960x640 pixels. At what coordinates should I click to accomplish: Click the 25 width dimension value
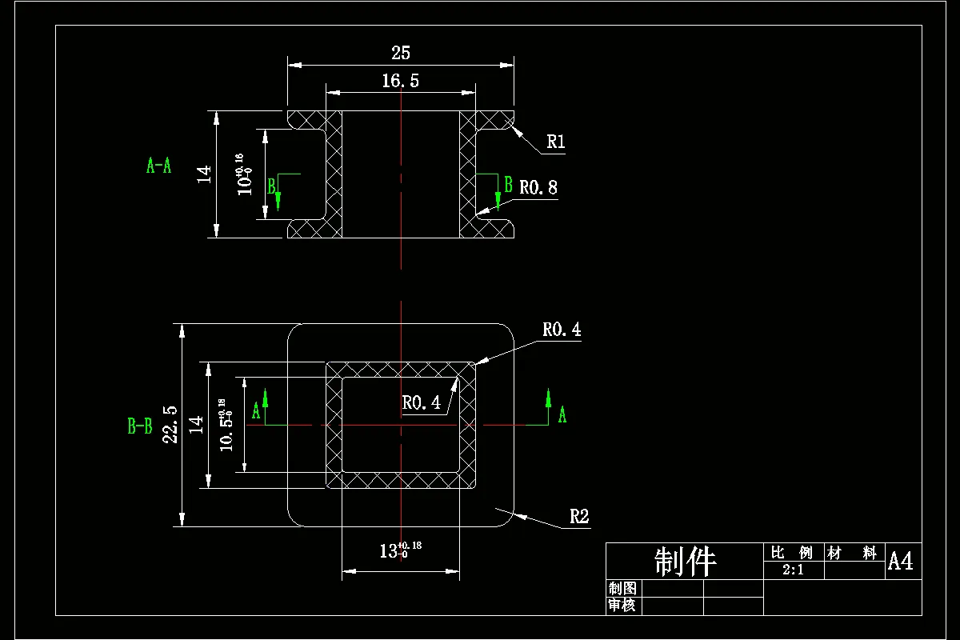pos(401,53)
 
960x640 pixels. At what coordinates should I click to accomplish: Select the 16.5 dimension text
pos(401,80)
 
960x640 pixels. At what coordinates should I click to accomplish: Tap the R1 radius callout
pos(556,142)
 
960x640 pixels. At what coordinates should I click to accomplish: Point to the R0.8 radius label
pos(538,188)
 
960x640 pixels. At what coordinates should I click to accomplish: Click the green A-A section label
pos(158,166)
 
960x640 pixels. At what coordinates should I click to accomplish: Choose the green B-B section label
pos(140,426)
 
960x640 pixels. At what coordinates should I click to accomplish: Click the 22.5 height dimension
pos(170,424)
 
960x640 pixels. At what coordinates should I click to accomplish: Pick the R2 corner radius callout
pos(579,517)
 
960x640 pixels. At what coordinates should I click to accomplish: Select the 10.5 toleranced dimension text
pos(225,425)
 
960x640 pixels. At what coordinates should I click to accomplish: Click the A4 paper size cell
pos(900,562)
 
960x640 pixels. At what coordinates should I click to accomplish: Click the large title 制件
pos(684,562)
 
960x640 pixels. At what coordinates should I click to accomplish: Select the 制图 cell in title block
pos(622,589)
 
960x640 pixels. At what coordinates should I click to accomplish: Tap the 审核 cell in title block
pos(622,606)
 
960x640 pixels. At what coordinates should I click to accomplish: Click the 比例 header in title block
pos(791,553)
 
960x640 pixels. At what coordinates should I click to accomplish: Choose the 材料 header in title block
pos(853,553)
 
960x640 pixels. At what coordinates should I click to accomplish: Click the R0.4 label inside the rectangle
pos(421,403)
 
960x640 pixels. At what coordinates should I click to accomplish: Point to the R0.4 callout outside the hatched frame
pos(562,330)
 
